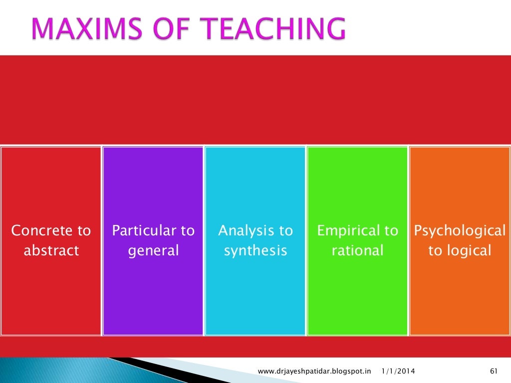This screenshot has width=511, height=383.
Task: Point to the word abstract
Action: click(x=51, y=250)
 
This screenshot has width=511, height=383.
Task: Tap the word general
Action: click(x=153, y=250)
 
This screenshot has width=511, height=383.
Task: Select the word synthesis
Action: click(x=255, y=250)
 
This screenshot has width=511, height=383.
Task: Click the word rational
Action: click(x=357, y=250)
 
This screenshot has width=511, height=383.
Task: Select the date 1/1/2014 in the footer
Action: click(x=398, y=371)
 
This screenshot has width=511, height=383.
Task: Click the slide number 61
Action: click(x=495, y=371)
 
